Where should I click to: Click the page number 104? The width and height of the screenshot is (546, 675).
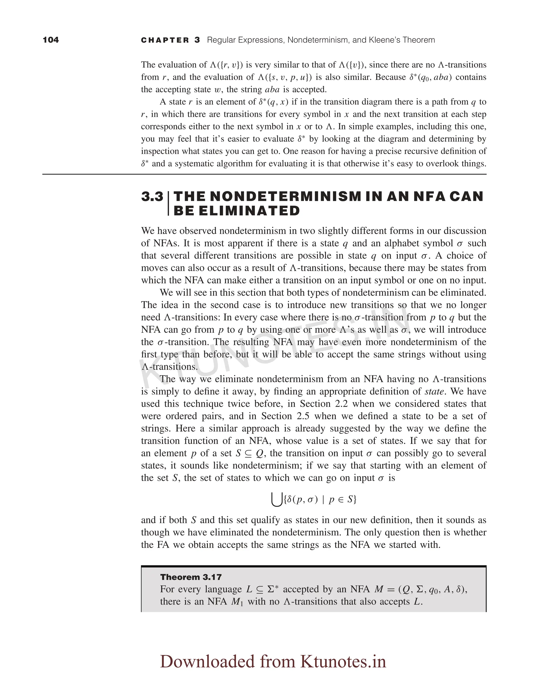(x=51, y=40)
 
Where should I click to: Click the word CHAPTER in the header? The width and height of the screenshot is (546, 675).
(x=165, y=40)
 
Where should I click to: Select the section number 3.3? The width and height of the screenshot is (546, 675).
(x=152, y=197)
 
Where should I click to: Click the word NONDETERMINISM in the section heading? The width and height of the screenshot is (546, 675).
(x=285, y=196)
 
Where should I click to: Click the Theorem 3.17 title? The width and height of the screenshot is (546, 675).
(x=191, y=577)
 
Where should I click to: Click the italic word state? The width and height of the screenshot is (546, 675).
(x=434, y=391)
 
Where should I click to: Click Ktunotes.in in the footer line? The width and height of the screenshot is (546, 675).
(x=343, y=661)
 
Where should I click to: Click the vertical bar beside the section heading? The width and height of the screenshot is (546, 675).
(x=168, y=203)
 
